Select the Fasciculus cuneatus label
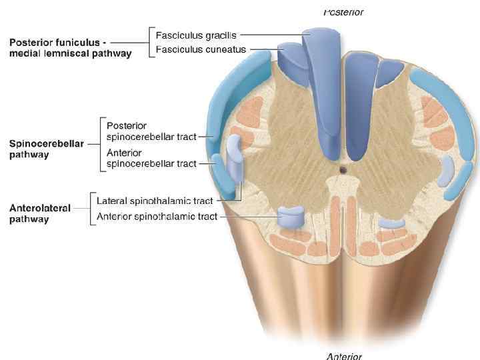[201, 49]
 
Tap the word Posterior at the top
[343, 12]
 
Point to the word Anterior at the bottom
[344, 356]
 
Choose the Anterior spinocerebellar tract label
[151, 158]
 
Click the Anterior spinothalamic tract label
[157, 216]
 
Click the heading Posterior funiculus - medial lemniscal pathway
[70, 48]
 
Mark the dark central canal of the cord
[342, 169]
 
